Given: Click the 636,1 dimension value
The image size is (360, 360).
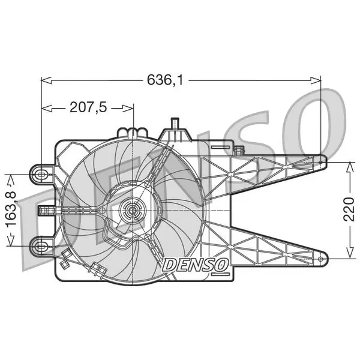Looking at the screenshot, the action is tap(165, 80).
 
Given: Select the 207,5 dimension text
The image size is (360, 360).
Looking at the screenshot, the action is tap(88, 107).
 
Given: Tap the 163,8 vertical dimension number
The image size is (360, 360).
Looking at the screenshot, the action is tap(11, 209).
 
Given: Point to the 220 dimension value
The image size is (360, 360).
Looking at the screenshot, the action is tap(349, 209).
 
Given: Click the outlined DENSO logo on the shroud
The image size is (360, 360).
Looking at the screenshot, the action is tap(196, 265).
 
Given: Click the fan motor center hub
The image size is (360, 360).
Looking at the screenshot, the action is tap(133, 211).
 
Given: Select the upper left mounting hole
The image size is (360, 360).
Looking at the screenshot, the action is tap(41, 175).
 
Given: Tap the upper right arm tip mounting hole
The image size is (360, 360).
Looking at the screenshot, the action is tap(320, 162).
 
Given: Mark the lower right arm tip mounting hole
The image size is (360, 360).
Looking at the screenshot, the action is tap(320, 259).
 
